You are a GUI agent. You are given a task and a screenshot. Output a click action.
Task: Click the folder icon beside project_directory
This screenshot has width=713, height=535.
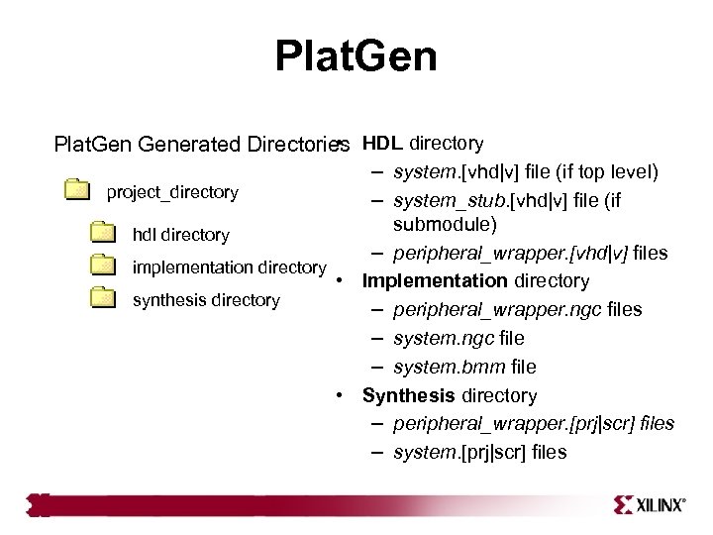[73, 190]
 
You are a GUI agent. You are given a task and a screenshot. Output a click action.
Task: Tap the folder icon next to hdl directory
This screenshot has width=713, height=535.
[101, 235]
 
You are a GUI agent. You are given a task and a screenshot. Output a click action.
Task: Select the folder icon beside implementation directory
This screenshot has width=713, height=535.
[101, 266]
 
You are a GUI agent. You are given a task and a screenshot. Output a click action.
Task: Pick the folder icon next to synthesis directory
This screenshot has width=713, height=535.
[101, 297]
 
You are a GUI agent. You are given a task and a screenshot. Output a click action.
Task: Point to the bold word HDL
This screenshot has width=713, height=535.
[384, 145]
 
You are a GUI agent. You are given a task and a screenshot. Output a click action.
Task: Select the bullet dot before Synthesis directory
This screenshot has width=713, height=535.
[340, 396]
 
